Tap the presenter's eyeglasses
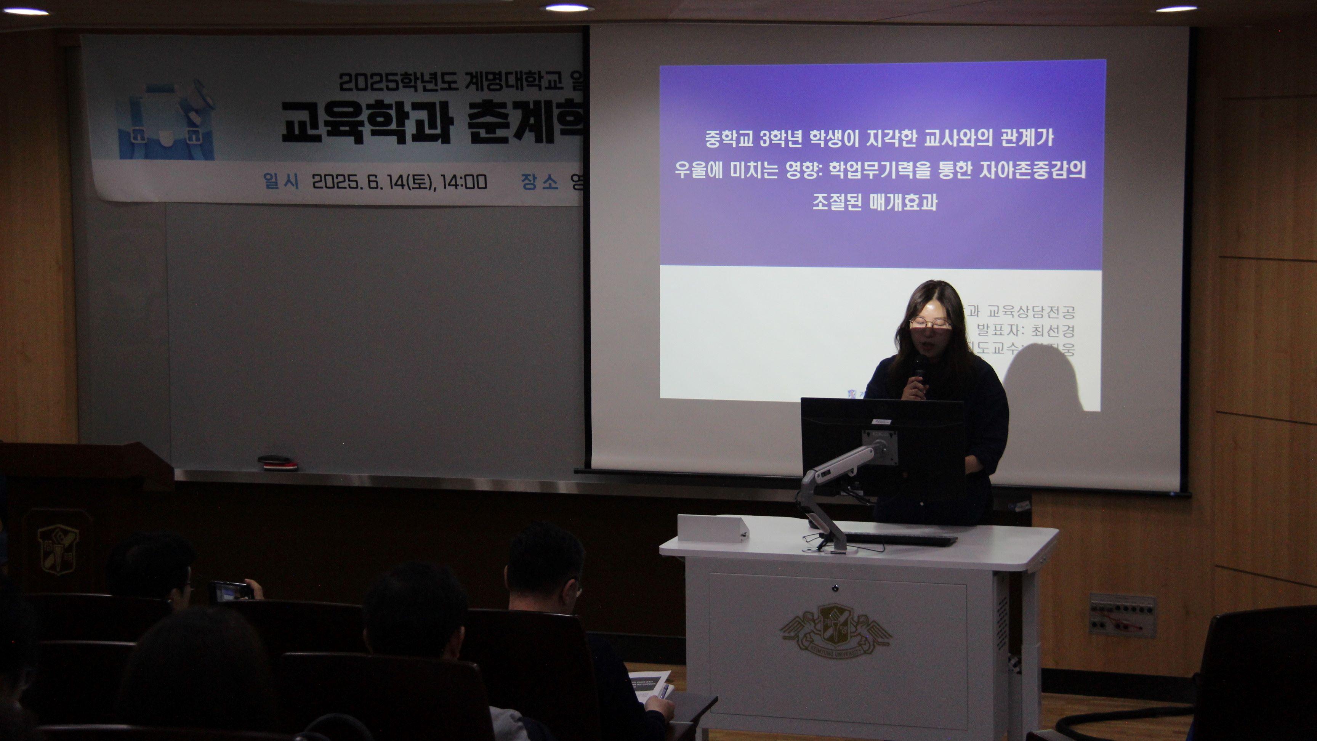coord(931,323)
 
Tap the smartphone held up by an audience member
coord(230,591)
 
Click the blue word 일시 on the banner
coord(280,181)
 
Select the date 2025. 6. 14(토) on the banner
coord(373,181)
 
